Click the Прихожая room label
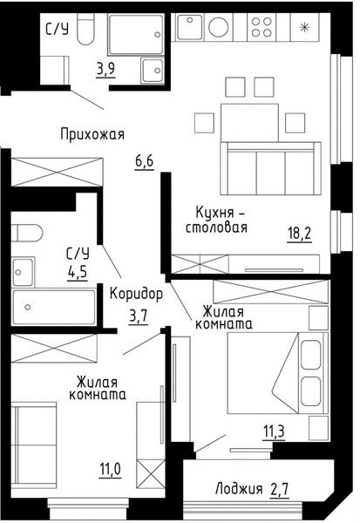[92, 135]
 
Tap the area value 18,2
[299, 233]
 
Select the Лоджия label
[239, 490]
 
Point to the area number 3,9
[105, 70]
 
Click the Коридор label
[137, 294]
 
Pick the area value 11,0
[110, 470]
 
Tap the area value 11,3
[274, 432]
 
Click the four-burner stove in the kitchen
[262, 27]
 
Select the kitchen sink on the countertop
[190, 27]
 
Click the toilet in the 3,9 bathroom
[85, 30]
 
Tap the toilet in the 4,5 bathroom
[27, 233]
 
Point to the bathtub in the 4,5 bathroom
[54, 308]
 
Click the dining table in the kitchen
[249, 122]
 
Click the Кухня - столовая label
[216, 220]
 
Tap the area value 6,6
[145, 162]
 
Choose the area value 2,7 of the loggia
[279, 490]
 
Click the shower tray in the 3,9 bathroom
[136, 34]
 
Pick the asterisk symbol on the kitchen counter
[304, 28]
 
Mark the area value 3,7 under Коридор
[138, 316]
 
